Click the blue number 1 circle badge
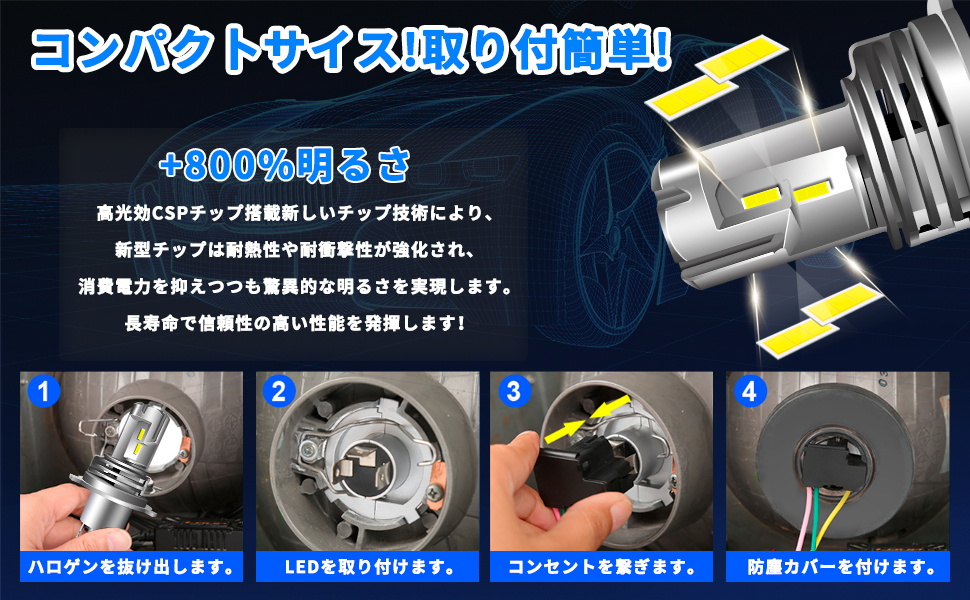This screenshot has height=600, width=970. pos(43,391)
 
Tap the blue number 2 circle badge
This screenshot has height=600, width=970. pos(279,391)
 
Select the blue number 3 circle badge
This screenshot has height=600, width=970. pos(514,391)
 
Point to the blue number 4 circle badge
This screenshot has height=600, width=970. pos(750,391)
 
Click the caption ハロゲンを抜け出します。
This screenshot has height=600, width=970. pos(131,567)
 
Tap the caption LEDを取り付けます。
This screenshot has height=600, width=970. pos(367,567)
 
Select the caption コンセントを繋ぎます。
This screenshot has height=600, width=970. pos(601,567)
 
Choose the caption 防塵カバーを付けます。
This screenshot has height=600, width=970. pos(838,567)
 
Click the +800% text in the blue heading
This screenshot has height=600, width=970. pos(226,165)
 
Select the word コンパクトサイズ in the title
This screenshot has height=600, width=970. pos(217,48)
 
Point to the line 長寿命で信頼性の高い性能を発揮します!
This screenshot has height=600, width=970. pos(294,322)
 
